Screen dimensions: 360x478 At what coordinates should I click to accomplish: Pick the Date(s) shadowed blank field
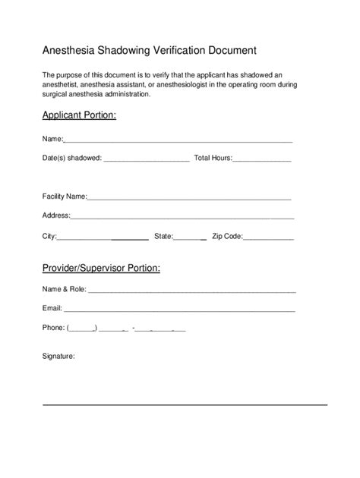pyautogui.click(x=146, y=159)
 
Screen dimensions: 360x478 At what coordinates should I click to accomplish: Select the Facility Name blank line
pyautogui.click(x=190, y=197)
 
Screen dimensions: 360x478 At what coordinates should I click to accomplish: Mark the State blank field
pyautogui.click(x=190, y=237)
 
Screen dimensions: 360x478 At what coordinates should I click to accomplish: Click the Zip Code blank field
pyautogui.click(x=268, y=237)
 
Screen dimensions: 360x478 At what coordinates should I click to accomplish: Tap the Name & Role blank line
pyautogui.click(x=192, y=291)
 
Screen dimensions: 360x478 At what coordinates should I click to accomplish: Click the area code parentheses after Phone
pyautogui.click(x=81, y=328)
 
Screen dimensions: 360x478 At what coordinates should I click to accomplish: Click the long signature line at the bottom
pyautogui.click(x=185, y=404)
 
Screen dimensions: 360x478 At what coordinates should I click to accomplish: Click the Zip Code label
pyautogui.click(x=227, y=236)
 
